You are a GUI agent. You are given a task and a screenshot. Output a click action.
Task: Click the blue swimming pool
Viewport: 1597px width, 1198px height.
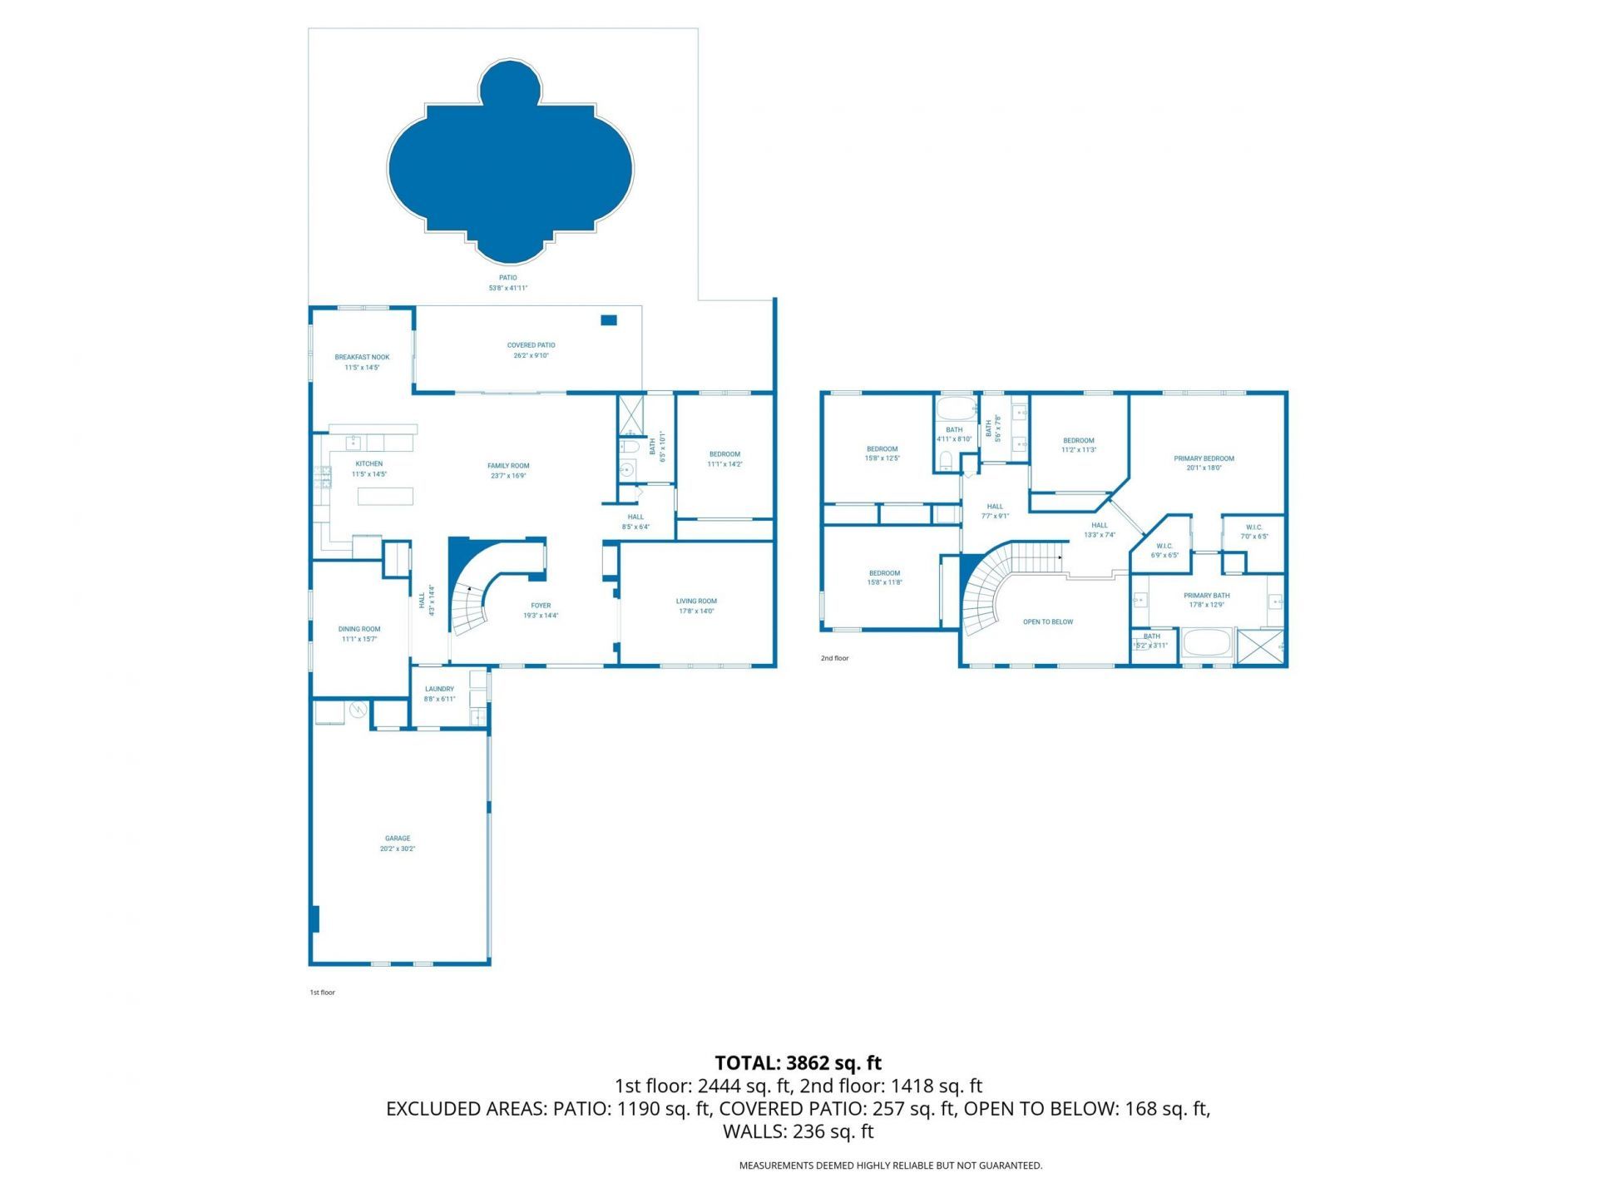coord(510,166)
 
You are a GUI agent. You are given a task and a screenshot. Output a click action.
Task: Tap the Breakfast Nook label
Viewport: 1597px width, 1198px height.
coord(362,357)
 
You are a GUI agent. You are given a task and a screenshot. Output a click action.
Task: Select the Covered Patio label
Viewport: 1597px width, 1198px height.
coord(531,345)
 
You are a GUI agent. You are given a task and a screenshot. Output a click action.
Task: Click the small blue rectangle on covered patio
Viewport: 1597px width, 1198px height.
coord(609,320)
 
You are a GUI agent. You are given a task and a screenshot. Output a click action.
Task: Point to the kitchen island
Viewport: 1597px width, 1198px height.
coord(385,497)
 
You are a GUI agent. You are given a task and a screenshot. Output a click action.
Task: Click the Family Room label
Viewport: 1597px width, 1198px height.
coord(508,466)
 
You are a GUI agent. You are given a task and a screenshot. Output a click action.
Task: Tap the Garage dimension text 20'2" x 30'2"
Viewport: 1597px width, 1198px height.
coord(398,849)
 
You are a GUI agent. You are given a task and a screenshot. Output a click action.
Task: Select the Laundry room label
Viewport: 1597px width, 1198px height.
coord(439,689)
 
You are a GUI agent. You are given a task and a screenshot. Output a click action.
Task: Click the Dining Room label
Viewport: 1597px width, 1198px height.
coord(359,629)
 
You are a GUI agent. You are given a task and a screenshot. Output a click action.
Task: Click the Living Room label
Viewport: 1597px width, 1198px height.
coord(696,601)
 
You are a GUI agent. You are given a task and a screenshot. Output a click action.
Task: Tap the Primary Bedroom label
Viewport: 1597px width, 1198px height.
coord(1204,458)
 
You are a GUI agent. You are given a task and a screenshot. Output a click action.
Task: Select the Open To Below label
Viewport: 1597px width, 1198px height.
coord(1048,621)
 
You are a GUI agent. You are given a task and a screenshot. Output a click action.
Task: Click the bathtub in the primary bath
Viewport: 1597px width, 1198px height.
coord(1206,646)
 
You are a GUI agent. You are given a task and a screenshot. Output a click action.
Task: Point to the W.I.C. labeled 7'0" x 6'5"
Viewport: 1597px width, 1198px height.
coord(1254,532)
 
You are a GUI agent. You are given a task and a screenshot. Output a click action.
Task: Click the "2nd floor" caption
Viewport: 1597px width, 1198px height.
coord(834,658)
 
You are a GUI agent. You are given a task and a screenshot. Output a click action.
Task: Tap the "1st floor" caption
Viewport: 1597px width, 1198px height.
coord(322,993)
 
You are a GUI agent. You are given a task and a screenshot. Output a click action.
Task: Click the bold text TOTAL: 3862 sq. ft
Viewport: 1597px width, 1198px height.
coord(798,1063)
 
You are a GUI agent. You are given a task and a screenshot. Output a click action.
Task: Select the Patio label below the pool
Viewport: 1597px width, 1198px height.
coord(507,278)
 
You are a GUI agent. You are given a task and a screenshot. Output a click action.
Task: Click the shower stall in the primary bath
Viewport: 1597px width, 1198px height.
coord(1260,647)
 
